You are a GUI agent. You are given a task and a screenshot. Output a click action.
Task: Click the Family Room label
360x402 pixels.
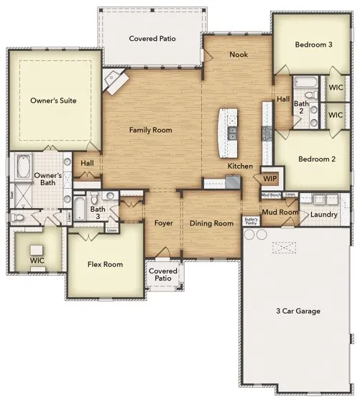click(150, 130)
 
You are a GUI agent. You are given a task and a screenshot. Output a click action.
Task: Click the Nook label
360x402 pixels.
click(239, 55)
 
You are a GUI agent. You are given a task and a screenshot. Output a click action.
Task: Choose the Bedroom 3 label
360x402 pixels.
click(314, 45)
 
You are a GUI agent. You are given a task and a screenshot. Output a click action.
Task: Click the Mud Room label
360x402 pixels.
click(279, 212)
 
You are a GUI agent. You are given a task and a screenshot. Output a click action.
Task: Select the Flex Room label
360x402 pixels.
click(105, 264)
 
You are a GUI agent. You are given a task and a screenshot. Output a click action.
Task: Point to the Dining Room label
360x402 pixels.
click(211, 223)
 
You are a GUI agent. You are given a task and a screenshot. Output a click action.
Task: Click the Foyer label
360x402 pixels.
click(164, 223)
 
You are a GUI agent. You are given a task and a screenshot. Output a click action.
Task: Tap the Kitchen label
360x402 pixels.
click(240, 166)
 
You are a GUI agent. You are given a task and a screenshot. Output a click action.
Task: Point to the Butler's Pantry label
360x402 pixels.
click(250, 221)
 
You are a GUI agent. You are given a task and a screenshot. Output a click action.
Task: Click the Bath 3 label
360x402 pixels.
click(98, 212)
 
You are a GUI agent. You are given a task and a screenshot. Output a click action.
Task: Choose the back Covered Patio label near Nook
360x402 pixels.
click(152, 38)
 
